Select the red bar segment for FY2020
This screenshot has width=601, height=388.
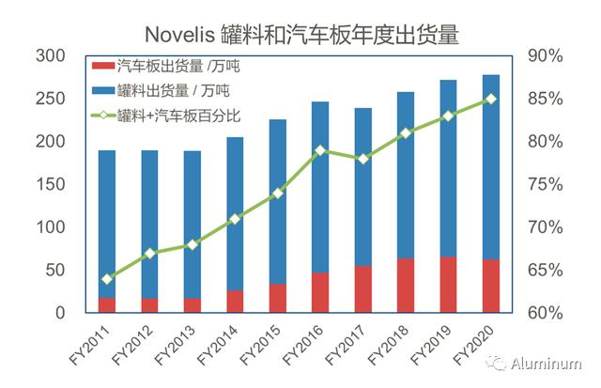click(x=490, y=286)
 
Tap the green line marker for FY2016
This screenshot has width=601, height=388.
click(x=320, y=150)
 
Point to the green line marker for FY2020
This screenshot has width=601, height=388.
click(x=490, y=99)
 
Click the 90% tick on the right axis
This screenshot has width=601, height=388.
click(x=545, y=56)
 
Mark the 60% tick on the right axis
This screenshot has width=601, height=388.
click(x=545, y=313)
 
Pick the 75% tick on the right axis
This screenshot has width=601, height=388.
click(x=545, y=184)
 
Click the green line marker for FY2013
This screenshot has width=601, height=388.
click(x=193, y=244)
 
